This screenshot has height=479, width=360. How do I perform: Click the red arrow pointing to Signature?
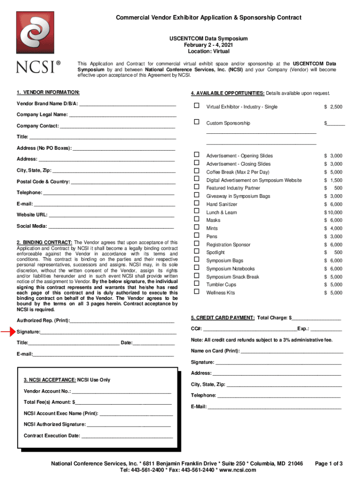click(x=8, y=332)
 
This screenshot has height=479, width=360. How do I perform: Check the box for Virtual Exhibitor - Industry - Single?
click(x=197, y=107)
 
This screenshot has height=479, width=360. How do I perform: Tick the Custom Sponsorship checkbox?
click(x=197, y=123)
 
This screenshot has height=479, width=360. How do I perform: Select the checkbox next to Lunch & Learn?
click(x=197, y=212)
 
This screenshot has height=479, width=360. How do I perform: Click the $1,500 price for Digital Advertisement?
click(x=333, y=180)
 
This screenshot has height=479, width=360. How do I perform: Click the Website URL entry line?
click(x=112, y=215)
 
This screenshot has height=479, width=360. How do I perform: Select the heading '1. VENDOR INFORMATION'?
click(x=48, y=93)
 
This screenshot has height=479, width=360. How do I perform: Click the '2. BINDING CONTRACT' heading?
click(x=45, y=242)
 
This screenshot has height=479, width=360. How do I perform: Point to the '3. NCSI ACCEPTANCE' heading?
click(x=50, y=380)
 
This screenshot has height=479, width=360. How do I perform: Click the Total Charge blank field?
click(x=316, y=318)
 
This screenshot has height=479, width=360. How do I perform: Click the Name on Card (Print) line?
click(x=292, y=351)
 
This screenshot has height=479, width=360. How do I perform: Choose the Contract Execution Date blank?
click(x=127, y=435)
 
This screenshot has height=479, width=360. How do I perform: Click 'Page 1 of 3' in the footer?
click(x=329, y=464)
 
